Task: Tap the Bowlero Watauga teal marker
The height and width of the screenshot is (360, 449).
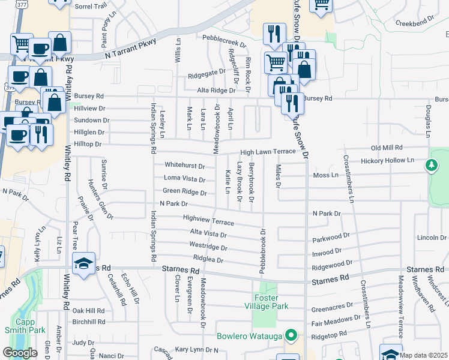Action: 292,335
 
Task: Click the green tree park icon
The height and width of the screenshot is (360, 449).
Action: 431,166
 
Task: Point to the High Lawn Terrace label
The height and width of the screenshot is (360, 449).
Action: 268,152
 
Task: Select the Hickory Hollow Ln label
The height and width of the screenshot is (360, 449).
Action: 388,161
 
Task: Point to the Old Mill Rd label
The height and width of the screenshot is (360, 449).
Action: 390,147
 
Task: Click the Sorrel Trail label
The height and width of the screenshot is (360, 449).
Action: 91,6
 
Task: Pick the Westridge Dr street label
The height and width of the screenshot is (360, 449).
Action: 208,247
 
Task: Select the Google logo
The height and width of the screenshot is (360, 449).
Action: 20,353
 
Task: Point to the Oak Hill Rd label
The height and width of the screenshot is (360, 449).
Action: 88,311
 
